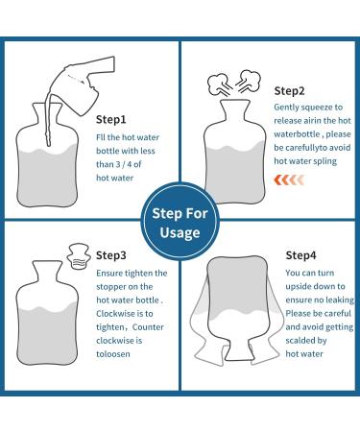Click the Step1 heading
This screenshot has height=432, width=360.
111,120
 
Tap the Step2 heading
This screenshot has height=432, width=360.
289,91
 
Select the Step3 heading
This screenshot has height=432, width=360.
111,255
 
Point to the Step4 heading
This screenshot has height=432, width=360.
300,255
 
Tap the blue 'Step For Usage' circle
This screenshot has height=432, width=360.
180,222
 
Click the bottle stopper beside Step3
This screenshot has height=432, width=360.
78,256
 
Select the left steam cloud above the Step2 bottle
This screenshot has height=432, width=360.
218,84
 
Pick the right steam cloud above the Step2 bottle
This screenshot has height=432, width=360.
249,81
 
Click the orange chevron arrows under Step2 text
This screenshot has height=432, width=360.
289,180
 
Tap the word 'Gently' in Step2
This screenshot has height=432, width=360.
286,108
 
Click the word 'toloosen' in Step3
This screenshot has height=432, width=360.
113,354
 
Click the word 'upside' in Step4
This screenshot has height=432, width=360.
300,287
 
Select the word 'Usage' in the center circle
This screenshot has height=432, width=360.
180,233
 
